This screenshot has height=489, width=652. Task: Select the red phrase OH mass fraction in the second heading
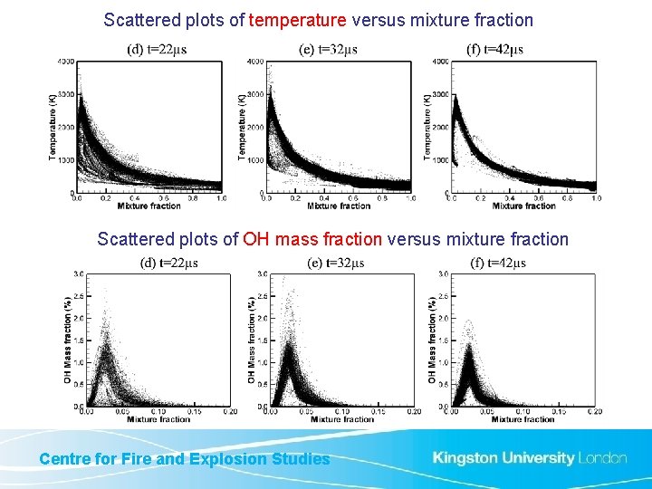312,239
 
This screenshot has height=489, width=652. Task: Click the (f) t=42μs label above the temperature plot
493,49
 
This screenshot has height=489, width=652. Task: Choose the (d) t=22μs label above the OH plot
169,263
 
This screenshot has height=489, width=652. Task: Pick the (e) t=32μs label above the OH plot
335,263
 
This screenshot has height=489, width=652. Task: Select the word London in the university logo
602,457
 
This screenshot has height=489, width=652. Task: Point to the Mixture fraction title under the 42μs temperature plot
524,206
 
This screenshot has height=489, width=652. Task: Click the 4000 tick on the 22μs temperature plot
65,62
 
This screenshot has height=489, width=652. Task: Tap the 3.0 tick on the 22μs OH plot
79,273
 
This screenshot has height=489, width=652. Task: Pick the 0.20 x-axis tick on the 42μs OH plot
594,412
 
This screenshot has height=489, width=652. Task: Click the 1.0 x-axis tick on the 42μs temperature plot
595,197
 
